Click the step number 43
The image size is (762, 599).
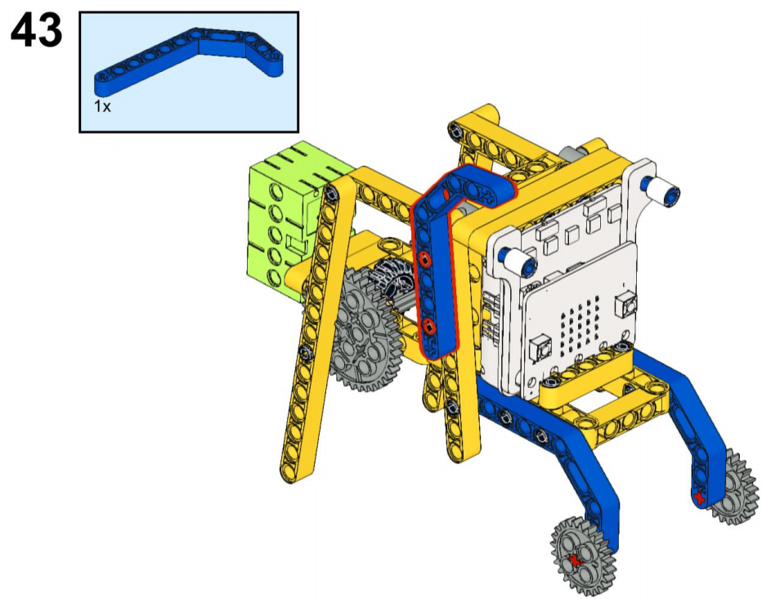[x=37, y=29]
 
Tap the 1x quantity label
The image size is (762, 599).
[x=102, y=106]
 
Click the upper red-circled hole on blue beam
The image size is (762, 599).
[x=425, y=260]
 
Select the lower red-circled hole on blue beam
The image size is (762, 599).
[x=428, y=327]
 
